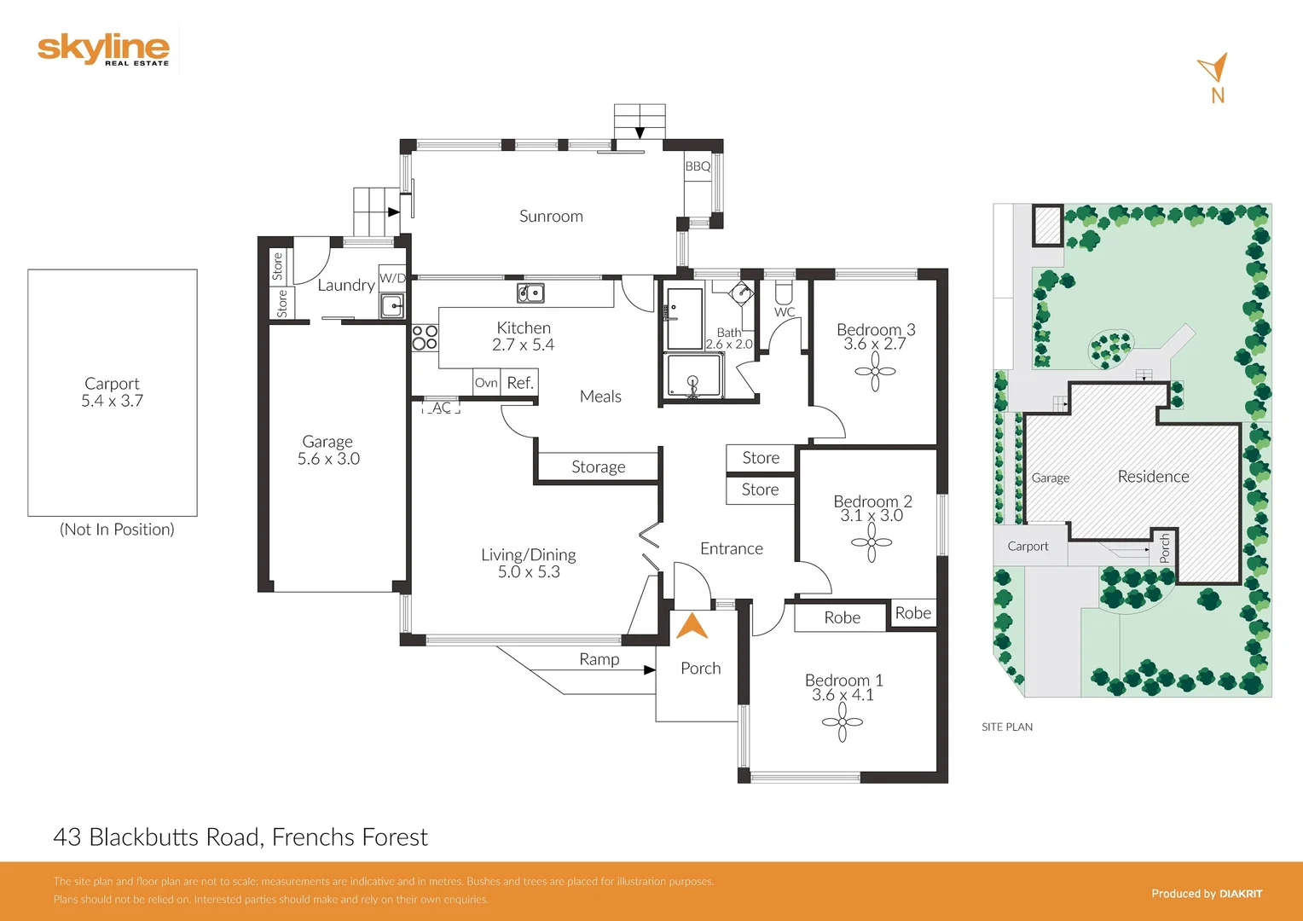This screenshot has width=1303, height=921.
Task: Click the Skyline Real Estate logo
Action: click(103, 49)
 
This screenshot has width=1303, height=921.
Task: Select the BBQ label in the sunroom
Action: click(698, 166)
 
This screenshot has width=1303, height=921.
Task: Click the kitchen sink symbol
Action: click(530, 293)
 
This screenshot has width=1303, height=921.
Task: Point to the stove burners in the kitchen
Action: click(425, 338)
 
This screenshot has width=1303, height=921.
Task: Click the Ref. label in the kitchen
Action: click(520, 383)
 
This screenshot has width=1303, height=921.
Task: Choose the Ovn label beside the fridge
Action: click(486, 383)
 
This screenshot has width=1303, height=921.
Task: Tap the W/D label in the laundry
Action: click(392, 278)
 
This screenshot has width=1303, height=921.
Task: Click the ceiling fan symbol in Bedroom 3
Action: click(875, 372)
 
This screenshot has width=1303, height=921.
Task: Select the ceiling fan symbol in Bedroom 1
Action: click(843, 722)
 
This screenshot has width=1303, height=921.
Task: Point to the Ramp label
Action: click(599, 659)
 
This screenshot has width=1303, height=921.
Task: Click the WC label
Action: click(785, 312)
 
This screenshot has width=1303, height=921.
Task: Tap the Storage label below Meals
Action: click(598, 467)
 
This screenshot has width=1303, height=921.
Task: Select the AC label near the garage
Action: click(441, 408)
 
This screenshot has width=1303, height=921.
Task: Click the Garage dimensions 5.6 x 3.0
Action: click(328, 459)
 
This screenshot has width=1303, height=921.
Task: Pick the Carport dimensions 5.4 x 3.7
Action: click(112, 401)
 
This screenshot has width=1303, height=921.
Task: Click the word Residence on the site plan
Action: click(1153, 477)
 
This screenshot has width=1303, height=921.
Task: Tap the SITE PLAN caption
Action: click(1006, 727)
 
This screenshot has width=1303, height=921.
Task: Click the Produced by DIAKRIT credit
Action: click(1206, 894)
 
